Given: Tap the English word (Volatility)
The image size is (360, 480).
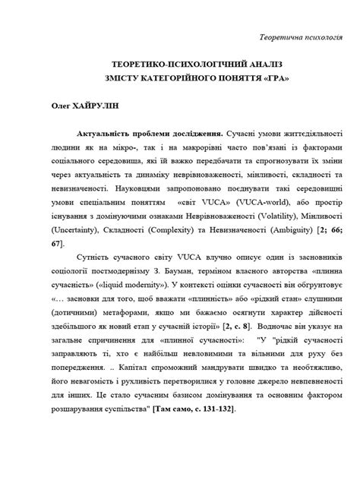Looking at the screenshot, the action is point(285,216).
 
